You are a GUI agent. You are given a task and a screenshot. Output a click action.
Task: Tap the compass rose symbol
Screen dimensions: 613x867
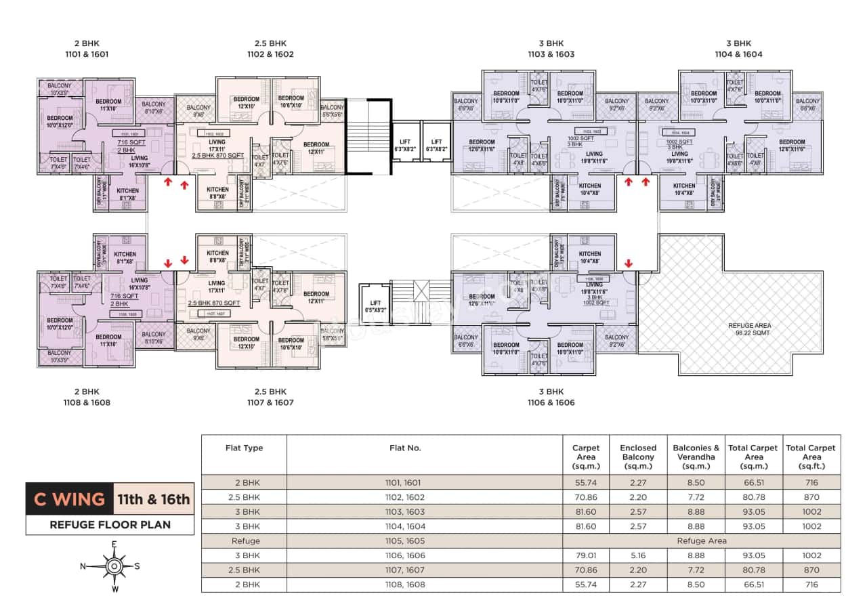115,566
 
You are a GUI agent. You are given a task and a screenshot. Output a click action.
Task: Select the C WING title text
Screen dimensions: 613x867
70,500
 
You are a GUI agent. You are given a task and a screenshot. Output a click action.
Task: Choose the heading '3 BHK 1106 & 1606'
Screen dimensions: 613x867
551,397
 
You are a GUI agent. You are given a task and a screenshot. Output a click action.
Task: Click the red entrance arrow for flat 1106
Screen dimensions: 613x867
628,263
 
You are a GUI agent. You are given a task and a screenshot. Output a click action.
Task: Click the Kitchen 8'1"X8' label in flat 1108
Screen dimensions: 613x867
125,257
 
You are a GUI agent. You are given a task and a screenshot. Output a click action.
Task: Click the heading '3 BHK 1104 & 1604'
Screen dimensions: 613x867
738,49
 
